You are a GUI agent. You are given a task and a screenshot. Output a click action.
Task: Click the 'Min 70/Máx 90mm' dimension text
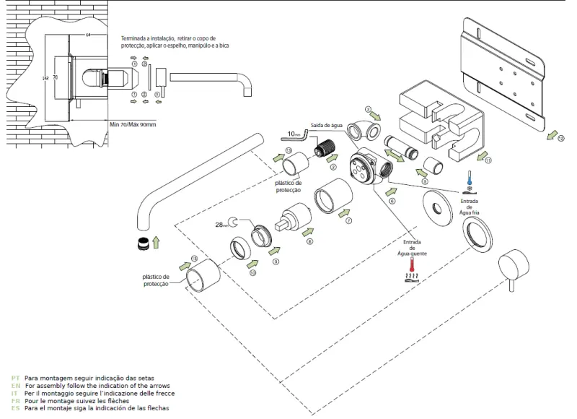pyautogui.click(x=133, y=124)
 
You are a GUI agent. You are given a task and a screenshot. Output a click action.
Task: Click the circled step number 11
pyautogui.click(x=488, y=160)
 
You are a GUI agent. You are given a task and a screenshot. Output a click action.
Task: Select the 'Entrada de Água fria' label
pyautogui.click(x=469, y=207)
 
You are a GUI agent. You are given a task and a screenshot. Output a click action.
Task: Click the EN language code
pyautogui.click(x=16, y=386)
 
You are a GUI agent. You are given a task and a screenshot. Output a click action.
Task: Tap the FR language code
pyautogui.click(x=16, y=401)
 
